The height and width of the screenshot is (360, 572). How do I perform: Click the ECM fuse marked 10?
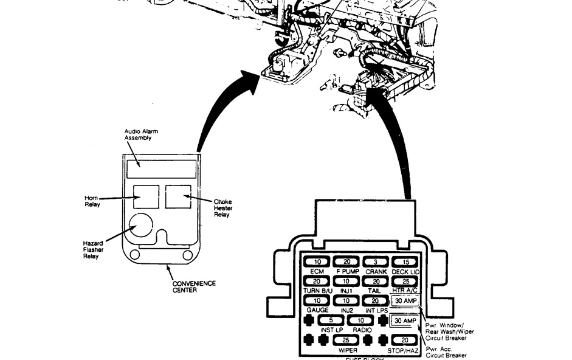(x=317, y=262)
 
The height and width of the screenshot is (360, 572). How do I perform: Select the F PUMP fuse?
(x=346, y=262)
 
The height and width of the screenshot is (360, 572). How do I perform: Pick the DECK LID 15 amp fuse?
(x=405, y=262)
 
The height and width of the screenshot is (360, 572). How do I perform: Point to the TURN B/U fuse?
(x=317, y=282)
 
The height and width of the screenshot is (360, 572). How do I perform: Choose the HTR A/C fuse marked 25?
(x=405, y=282)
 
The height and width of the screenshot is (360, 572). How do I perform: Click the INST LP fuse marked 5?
(x=331, y=320)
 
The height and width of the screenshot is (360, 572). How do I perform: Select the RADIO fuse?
(x=360, y=320)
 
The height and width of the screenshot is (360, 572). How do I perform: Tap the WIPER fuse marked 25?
(x=346, y=340)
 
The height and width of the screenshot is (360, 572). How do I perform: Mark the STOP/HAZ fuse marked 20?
(x=405, y=340)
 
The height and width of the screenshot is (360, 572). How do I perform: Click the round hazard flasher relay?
(x=142, y=226)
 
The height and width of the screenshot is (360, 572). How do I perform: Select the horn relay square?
(x=146, y=196)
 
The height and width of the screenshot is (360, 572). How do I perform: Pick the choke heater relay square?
(x=178, y=196)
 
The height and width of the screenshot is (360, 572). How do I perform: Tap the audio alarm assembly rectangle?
(x=162, y=168)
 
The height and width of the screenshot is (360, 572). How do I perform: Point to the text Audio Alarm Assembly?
(x=138, y=134)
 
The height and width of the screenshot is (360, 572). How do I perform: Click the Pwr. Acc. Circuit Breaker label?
(x=450, y=352)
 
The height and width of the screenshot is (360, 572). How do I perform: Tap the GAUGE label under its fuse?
(x=317, y=310)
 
